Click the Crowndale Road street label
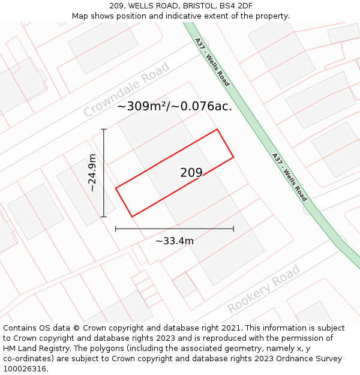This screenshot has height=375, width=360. tap(127, 91)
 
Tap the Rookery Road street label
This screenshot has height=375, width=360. tap(263, 290)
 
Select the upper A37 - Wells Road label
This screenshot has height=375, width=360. tap(212, 62)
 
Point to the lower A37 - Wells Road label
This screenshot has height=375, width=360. tap(289, 177)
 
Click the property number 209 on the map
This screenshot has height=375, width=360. tap(191, 173)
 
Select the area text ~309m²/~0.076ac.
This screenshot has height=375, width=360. tap(174, 106)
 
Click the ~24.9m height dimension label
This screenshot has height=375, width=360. tap(92, 173)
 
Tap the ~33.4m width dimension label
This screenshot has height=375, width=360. tap(175, 241)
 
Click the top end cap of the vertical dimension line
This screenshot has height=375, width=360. tap(104, 129)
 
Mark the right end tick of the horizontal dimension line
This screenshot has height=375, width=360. tap(233, 229)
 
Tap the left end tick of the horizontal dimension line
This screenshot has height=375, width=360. tap(116, 229)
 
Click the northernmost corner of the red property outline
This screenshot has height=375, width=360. tap(217, 129)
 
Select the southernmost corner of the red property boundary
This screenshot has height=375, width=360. tap(131, 217)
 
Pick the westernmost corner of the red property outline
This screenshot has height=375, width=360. tap(116, 188)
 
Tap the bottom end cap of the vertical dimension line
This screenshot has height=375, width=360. tap(104, 217)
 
